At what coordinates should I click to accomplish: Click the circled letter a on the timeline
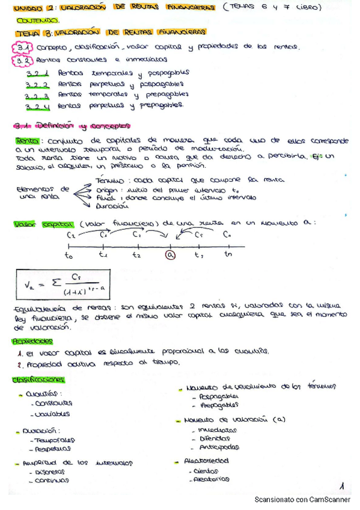[x=171, y=254]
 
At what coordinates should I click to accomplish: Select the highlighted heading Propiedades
[x=31, y=341]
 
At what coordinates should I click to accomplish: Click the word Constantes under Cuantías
[x=53, y=404]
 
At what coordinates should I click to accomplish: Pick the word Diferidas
[x=215, y=439]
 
